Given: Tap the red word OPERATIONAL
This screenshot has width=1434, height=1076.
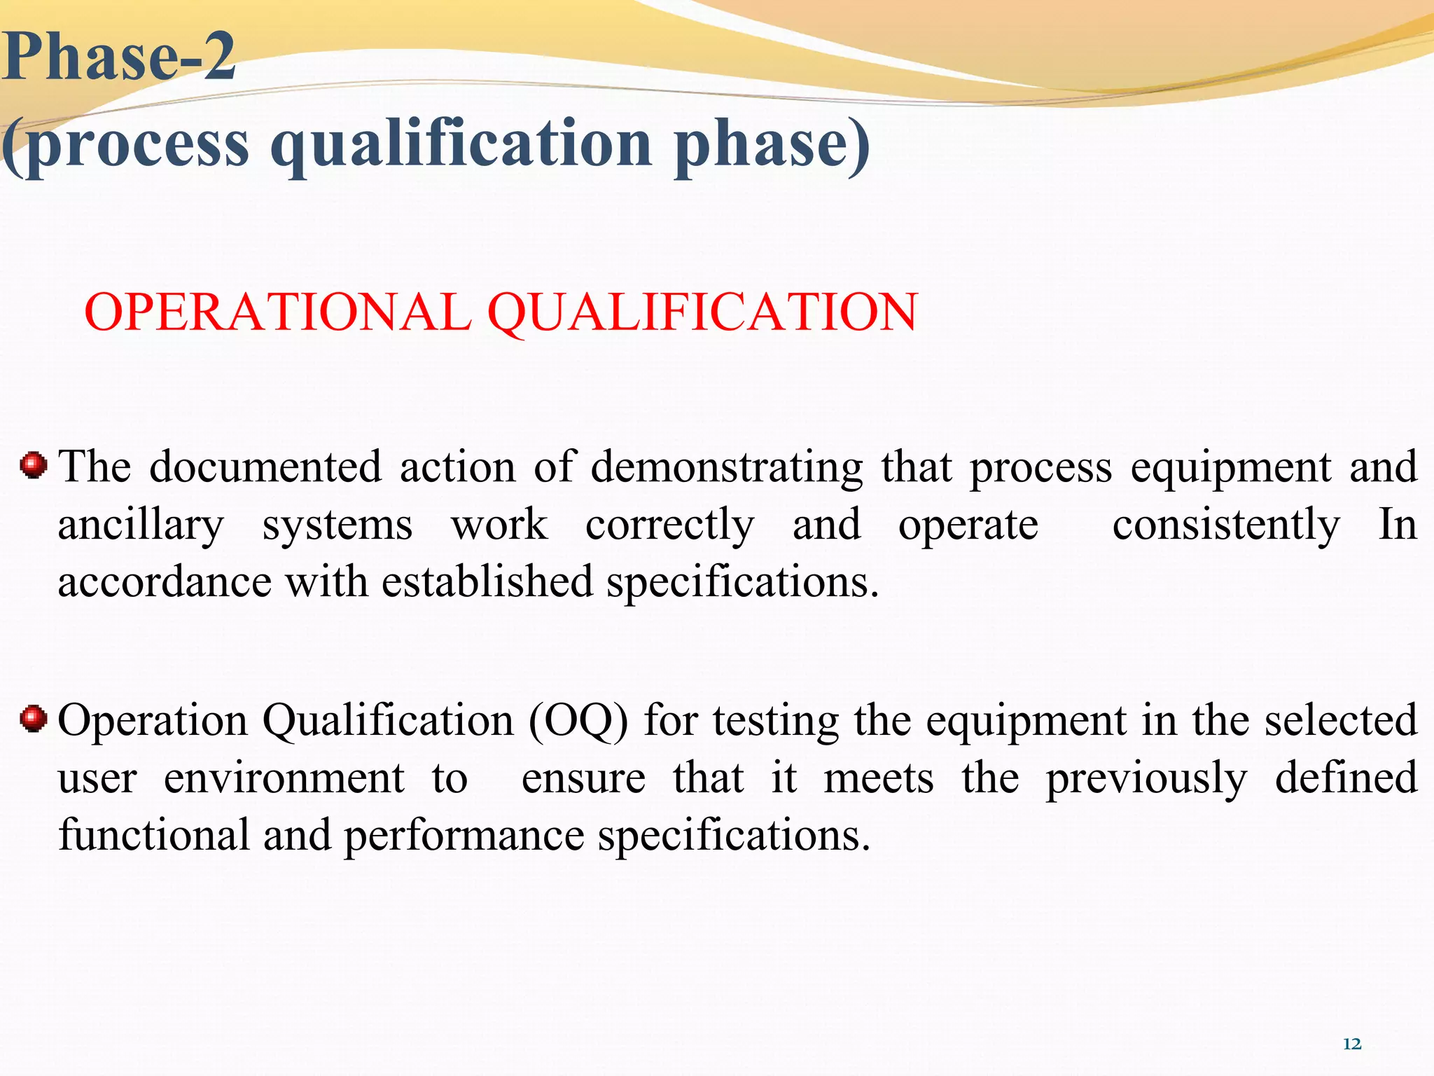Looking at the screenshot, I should pyautogui.click(x=277, y=312).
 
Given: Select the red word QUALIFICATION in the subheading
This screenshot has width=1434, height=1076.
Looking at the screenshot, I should pyautogui.click(x=702, y=312).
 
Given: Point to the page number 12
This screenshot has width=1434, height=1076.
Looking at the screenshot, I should pyautogui.click(x=1352, y=1044).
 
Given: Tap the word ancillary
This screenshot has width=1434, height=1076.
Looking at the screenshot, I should pyautogui.click(x=141, y=525).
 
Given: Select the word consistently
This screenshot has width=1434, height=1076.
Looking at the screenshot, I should pyautogui.click(x=1226, y=525).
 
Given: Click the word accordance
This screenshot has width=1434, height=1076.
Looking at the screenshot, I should pyautogui.click(x=165, y=582).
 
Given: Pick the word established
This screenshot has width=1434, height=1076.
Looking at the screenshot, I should pyautogui.click(x=487, y=582).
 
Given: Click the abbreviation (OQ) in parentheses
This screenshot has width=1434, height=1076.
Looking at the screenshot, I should pyautogui.click(x=578, y=721).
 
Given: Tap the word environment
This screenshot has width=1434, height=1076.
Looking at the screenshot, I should pyautogui.click(x=284, y=778).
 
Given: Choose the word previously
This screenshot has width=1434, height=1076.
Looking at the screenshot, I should pyautogui.click(x=1146, y=778).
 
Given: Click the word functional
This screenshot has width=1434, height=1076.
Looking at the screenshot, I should pyautogui.click(x=154, y=836).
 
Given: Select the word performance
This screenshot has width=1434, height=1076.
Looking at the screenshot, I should pyautogui.click(x=464, y=836).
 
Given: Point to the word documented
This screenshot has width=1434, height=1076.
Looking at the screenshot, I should pyautogui.click(x=265, y=467).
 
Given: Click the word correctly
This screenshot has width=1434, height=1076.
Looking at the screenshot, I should pyautogui.click(x=670, y=525).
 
